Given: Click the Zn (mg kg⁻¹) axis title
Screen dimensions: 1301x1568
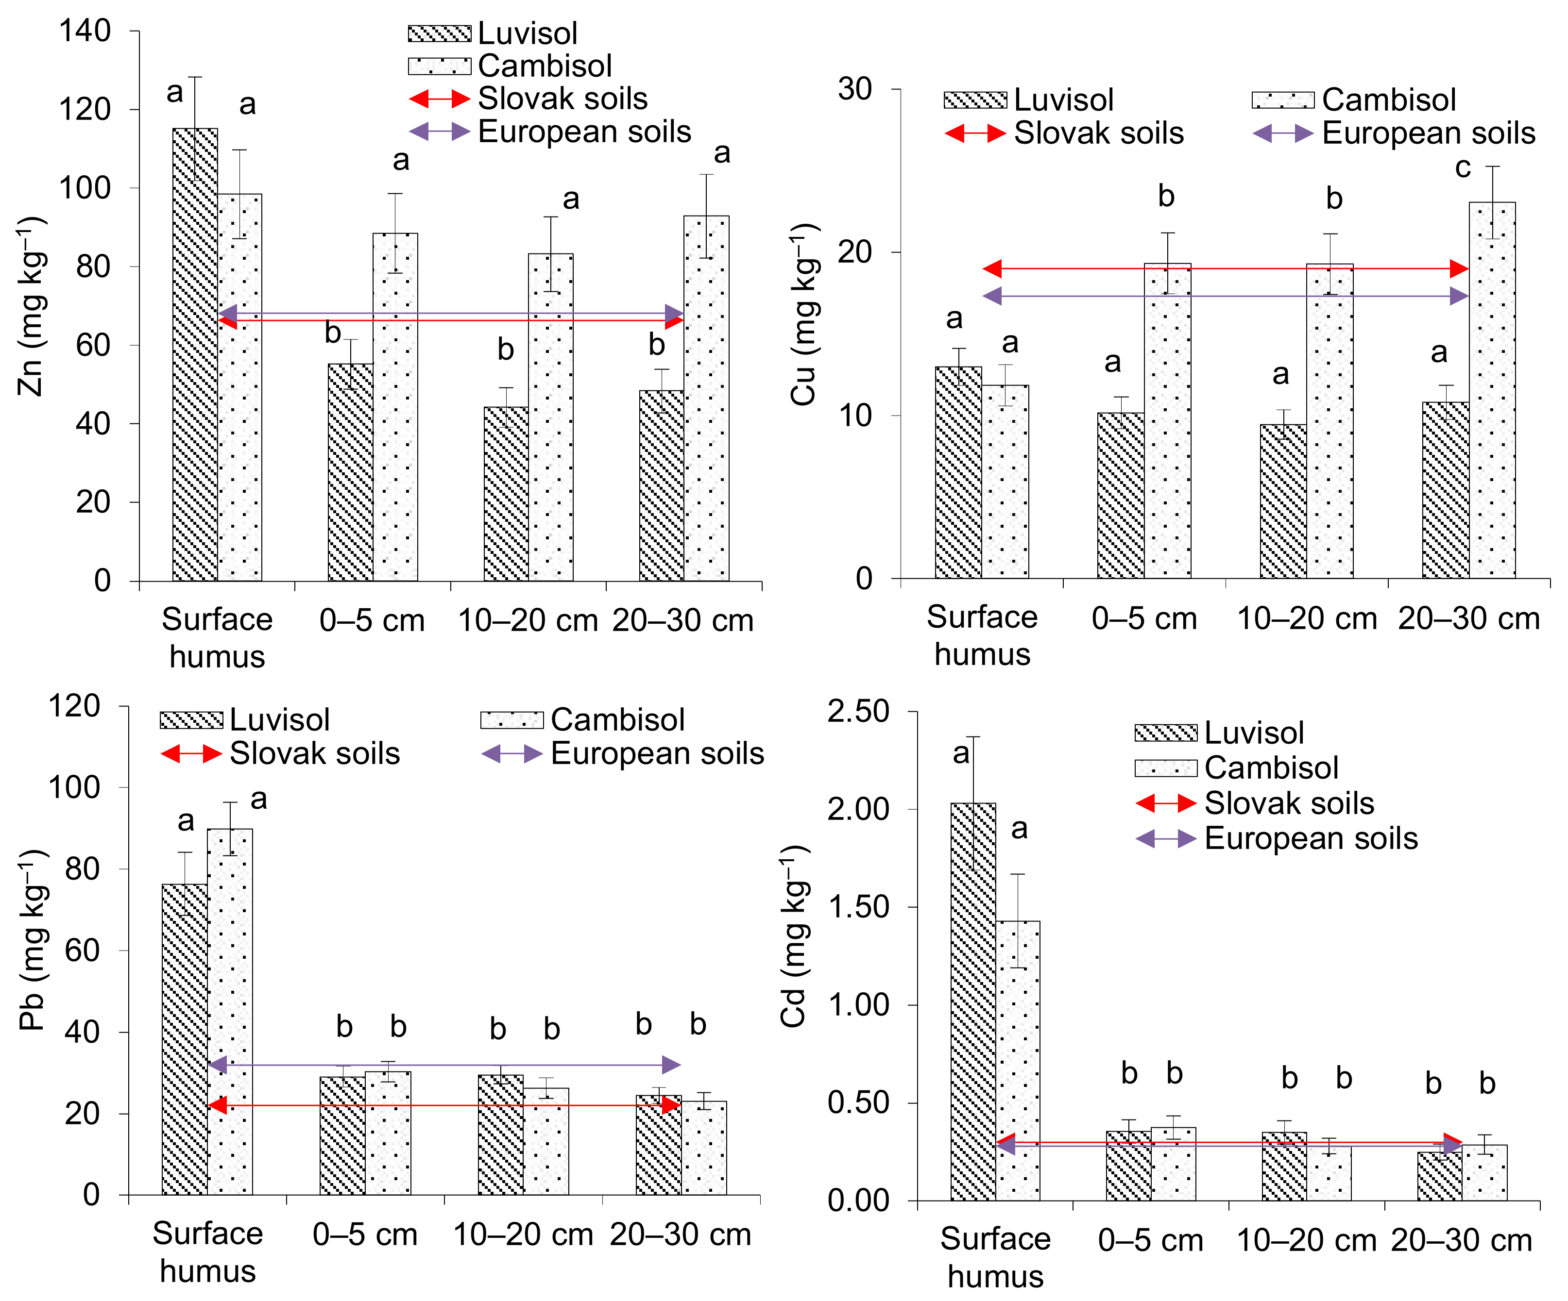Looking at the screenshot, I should pyautogui.click(x=32, y=306).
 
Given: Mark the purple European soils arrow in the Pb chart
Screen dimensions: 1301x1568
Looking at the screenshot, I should pyautogui.click(x=445, y=1065).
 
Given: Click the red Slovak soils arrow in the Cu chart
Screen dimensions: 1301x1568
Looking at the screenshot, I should pyautogui.click(x=1225, y=269).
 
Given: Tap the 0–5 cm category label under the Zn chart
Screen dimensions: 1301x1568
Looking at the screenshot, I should pyautogui.click(x=372, y=621).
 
